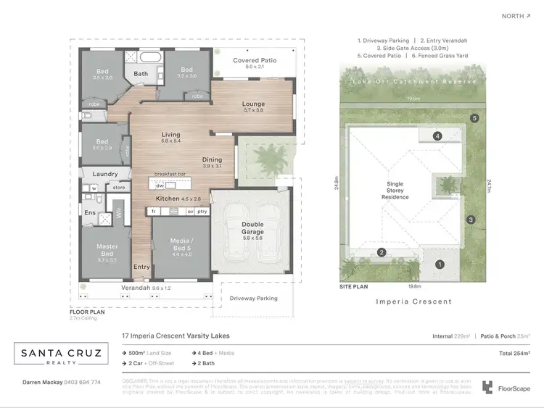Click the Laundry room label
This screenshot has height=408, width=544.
[105, 175]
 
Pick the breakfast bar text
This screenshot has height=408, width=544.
[172, 174]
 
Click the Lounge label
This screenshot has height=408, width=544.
[253, 104]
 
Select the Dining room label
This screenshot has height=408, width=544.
[213, 160]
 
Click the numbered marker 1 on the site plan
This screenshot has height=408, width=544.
[440, 265]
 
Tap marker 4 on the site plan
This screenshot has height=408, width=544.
[437, 136]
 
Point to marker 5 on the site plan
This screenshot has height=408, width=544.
[474, 117]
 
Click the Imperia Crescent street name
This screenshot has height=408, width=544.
[414, 301]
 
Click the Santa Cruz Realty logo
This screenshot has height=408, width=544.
[62, 354]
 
